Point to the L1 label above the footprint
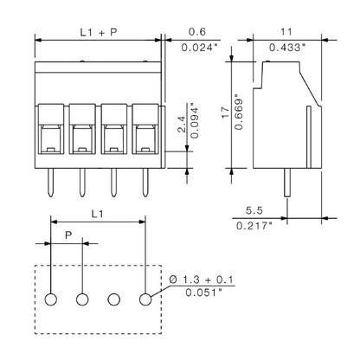(99, 210)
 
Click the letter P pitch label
(67, 235)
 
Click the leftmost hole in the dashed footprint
(51, 299)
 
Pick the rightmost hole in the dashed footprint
(146, 299)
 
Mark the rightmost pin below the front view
(145, 180)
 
